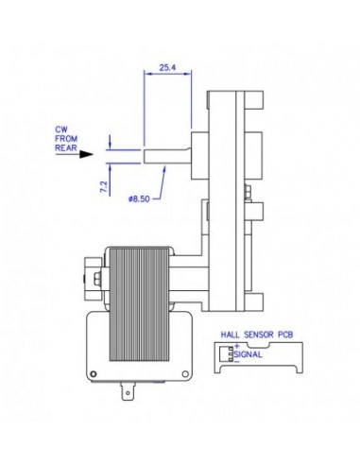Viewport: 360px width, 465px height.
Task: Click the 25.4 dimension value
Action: coord(166,69)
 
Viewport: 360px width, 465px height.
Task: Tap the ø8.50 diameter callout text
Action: coord(138,199)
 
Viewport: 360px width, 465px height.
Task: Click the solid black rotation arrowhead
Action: coord(88,151)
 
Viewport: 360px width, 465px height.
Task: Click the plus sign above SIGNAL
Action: coord(236,347)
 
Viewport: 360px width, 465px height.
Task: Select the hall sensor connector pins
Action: coord(227,353)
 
